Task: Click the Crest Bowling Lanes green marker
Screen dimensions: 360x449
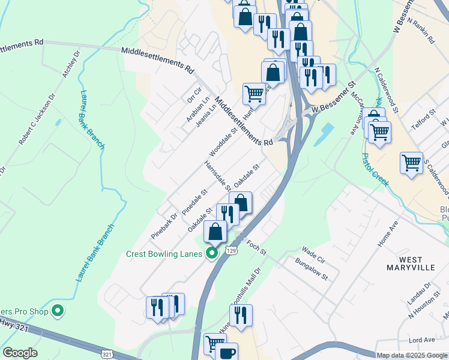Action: (211, 254)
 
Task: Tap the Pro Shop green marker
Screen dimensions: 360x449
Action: (58, 310)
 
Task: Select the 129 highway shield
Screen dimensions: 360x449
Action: (231, 250)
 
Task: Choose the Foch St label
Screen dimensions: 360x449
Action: (256, 247)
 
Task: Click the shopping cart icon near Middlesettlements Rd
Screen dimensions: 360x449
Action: (254, 94)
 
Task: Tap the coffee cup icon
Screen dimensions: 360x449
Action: (227, 353)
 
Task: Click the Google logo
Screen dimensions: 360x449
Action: (20, 353)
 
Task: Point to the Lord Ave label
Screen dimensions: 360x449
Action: (421, 341)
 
